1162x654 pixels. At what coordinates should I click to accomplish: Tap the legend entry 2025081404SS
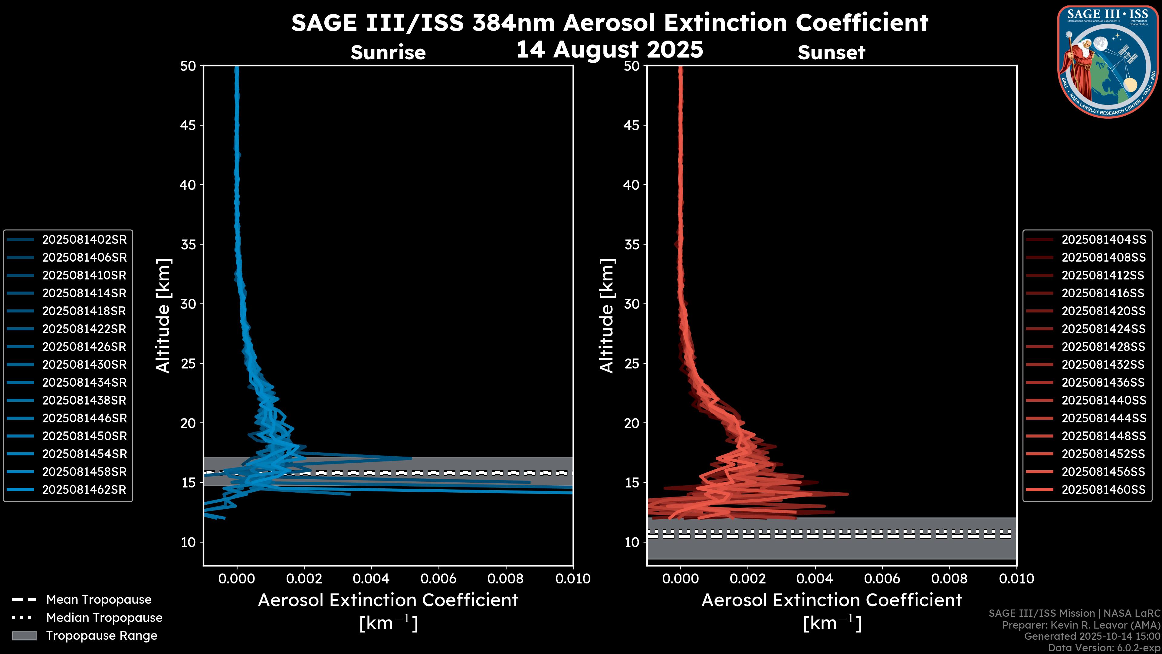pos(1103,240)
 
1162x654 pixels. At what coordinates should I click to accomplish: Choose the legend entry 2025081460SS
pos(1103,490)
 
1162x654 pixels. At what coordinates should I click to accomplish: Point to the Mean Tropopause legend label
pos(99,600)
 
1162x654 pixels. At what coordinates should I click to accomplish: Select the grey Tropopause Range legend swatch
pos(24,636)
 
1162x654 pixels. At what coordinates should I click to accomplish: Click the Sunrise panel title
pos(388,52)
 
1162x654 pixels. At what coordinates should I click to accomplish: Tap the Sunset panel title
pos(831,52)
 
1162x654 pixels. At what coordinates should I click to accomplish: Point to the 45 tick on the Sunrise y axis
pos(188,125)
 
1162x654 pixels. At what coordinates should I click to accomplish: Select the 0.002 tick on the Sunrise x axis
pos(304,579)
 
